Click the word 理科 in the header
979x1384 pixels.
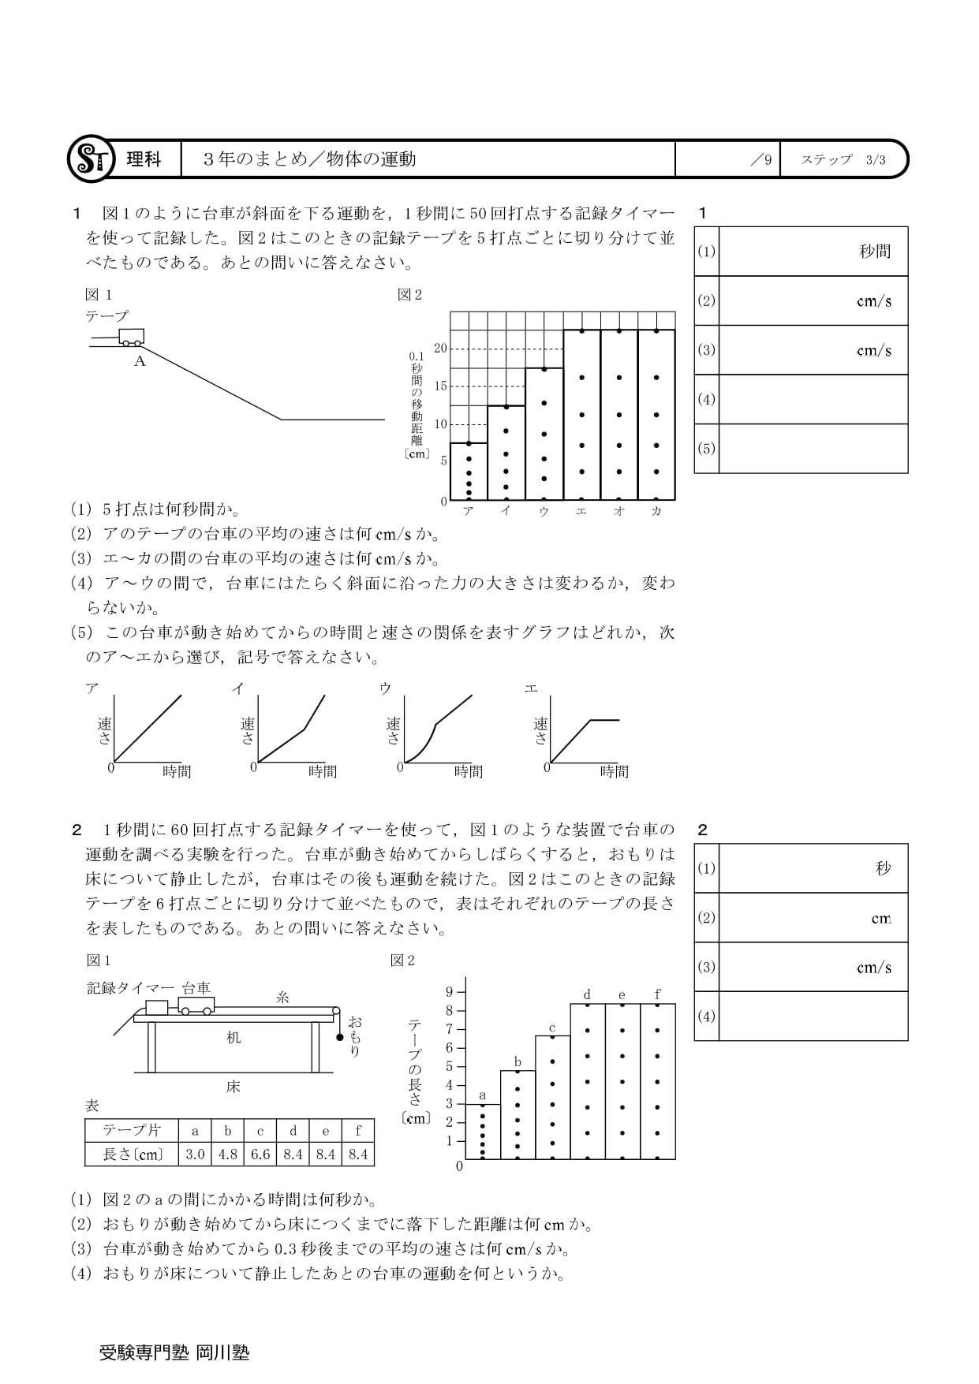pos(144,159)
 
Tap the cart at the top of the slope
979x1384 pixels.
pos(131,337)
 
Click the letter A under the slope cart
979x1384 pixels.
pos(140,362)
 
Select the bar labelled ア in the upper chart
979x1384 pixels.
pos(469,472)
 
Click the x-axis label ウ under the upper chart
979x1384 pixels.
pos(544,511)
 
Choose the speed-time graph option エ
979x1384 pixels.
pos(584,729)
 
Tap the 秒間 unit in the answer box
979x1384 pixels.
pos(874,252)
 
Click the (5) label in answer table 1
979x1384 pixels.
pos(706,449)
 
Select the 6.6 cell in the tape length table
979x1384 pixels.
pos(260,1155)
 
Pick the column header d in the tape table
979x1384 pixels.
pos(293,1131)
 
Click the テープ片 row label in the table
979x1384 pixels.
pos(132,1131)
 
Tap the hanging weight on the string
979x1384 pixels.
pos(340,1037)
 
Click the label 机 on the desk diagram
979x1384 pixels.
pos(234,1038)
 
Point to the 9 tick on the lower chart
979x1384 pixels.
pos(450,992)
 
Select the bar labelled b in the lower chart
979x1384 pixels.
pos(518,1114)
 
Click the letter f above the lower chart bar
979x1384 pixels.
pos(657,994)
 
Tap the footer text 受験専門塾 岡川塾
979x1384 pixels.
pos(174,1352)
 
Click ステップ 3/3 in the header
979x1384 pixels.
pos(843,159)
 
